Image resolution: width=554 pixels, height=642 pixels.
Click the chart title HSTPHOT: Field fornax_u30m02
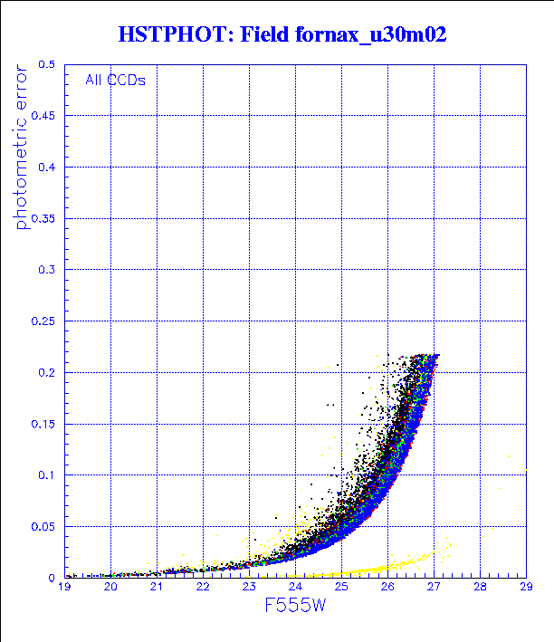pos(282,35)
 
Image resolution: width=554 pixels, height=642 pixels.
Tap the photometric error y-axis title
pos(23,154)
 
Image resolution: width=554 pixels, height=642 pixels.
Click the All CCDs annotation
pos(115,80)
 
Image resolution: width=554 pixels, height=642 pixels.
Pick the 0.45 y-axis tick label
pos(44,116)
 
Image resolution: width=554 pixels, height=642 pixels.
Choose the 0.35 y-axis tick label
pos(44,218)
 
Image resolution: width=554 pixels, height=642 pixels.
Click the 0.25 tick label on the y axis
pos(44,321)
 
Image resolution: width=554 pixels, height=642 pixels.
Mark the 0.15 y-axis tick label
pos(44,424)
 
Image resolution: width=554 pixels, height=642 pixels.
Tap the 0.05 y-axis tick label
pos(44,526)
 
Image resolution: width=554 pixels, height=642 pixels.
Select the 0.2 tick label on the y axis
pos(48,372)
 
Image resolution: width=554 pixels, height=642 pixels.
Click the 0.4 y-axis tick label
pos(48,168)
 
